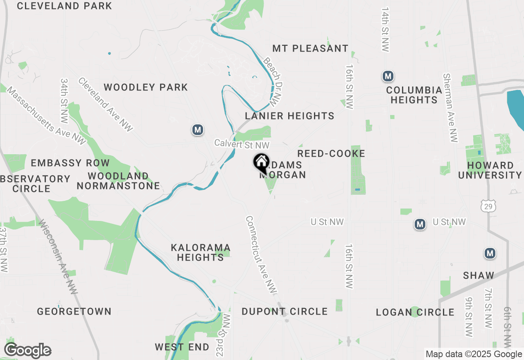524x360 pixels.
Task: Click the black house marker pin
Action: coord(261,163)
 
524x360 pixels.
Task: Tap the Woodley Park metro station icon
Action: coord(198,130)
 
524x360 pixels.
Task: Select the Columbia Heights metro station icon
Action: coord(388,76)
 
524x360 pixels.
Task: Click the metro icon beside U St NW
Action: coord(420,224)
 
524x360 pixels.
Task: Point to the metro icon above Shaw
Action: coord(490,253)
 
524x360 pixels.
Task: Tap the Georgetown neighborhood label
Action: coord(74,311)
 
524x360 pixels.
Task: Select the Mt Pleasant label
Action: coord(310,48)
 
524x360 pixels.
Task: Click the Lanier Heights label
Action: coord(289,116)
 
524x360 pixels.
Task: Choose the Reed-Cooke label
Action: coord(331,153)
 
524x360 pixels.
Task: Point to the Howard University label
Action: coord(490,170)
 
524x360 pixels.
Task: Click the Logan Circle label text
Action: coord(415,312)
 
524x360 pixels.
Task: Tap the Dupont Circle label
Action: coord(285,311)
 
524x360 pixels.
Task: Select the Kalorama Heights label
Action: coord(201,252)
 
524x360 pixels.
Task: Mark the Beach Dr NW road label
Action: coord(272,80)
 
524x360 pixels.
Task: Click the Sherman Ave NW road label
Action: coord(450,108)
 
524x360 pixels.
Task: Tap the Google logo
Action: coord(27,351)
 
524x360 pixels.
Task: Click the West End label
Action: coord(182,347)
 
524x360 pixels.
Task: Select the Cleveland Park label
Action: coord(64,6)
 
